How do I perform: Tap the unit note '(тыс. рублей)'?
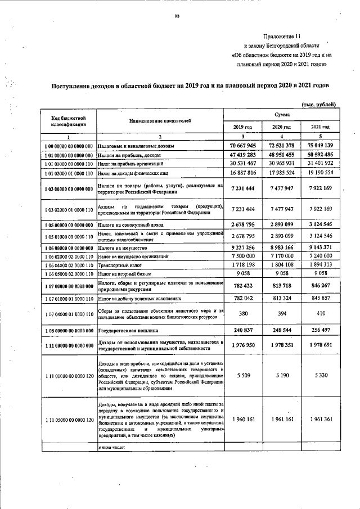tap(319, 104)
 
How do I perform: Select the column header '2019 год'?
tap(243, 127)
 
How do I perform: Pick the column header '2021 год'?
tap(320, 127)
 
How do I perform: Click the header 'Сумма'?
tap(282, 114)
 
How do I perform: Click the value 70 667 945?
tap(243, 146)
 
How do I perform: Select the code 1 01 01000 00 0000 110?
tap(69, 163)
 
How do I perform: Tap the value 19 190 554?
tap(320, 173)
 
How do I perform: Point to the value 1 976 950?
tap(243, 345)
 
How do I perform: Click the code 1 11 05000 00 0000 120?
tap(69, 420)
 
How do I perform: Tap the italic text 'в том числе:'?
tap(111, 448)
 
